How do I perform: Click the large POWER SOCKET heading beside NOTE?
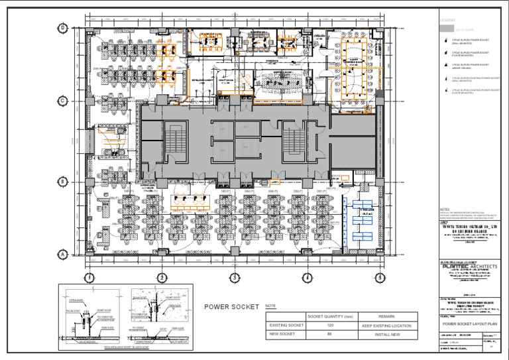[x=231, y=307]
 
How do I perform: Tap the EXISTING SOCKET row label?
[x=286, y=326]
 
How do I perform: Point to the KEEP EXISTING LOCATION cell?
[x=386, y=326]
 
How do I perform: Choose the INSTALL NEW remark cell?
[x=386, y=335]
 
